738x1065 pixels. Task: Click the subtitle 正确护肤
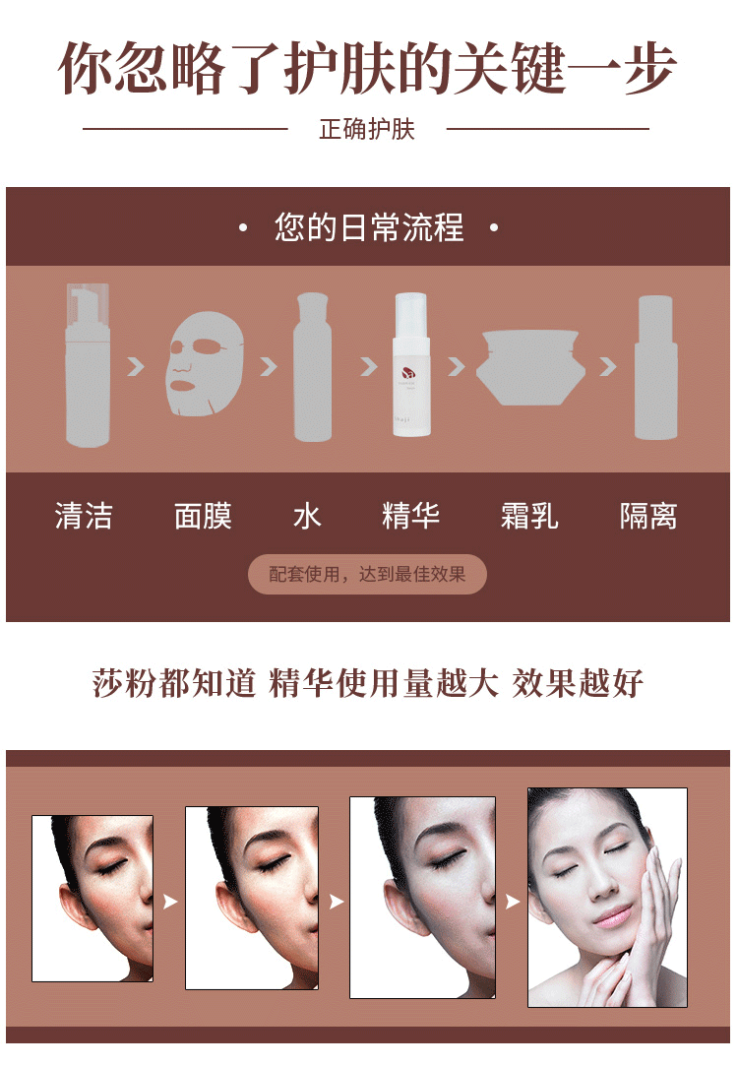pyautogui.click(x=367, y=128)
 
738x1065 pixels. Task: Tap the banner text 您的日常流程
pyautogui.click(x=369, y=227)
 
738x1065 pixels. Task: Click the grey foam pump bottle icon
pyautogui.click(x=88, y=365)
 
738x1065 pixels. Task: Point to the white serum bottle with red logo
pyautogui.click(x=411, y=364)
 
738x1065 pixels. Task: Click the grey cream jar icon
pyautogui.click(x=530, y=367)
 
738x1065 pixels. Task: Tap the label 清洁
pyautogui.click(x=84, y=516)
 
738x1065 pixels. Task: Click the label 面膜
pyautogui.click(x=203, y=516)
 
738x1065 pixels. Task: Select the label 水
pyautogui.click(x=307, y=516)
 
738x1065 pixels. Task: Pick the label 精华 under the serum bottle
pyautogui.click(x=410, y=516)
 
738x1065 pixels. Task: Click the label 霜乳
pyautogui.click(x=529, y=516)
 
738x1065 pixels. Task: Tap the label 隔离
pyautogui.click(x=648, y=516)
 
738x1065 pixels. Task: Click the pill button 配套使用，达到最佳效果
pyautogui.click(x=367, y=574)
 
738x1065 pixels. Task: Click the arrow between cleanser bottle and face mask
pyautogui.click(x=137, y=367)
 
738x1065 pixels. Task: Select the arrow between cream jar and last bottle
pyautogui.click(x=608, y=367)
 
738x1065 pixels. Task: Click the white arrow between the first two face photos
pyautogui.click(x=169, y=902)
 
